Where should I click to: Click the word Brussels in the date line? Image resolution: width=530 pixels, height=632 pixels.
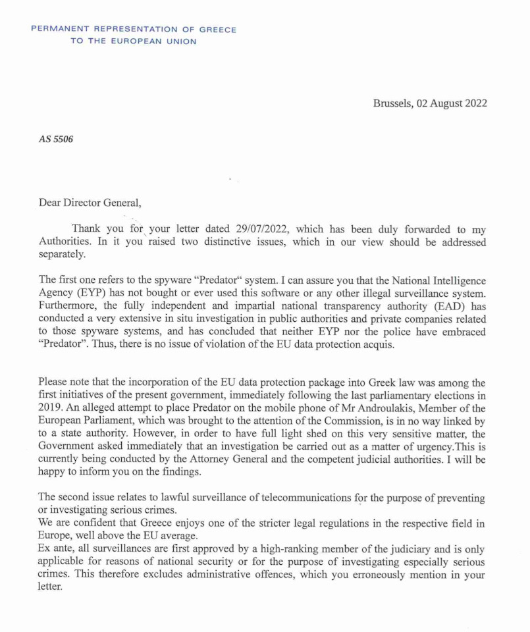[x=392, y=103]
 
